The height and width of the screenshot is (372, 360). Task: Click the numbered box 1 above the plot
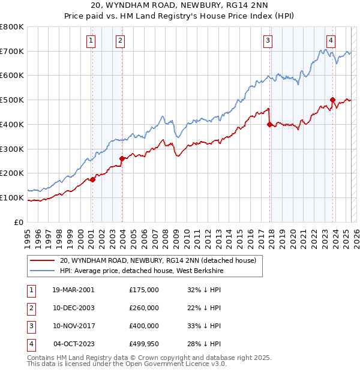pos(91,41)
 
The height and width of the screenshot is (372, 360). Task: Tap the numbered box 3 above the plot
pos(268,41)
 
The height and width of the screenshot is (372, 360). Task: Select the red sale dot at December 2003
pos(122,158)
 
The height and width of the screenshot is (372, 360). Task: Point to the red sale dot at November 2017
pos(269,124)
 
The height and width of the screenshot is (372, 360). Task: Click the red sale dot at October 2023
pos(332,100)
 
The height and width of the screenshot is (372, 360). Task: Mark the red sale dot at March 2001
pos(93,179)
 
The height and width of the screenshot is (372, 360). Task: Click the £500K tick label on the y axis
pos(12,100)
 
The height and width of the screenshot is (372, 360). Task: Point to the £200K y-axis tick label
pos(12,173)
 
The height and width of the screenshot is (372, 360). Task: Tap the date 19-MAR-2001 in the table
pos(73,290)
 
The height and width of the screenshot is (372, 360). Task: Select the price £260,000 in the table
pos(144,308)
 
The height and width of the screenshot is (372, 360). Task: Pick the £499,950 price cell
pos(144,344)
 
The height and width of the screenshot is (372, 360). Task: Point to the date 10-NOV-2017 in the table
pos(73,326)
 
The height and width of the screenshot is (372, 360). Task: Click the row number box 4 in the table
pos(31,344)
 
